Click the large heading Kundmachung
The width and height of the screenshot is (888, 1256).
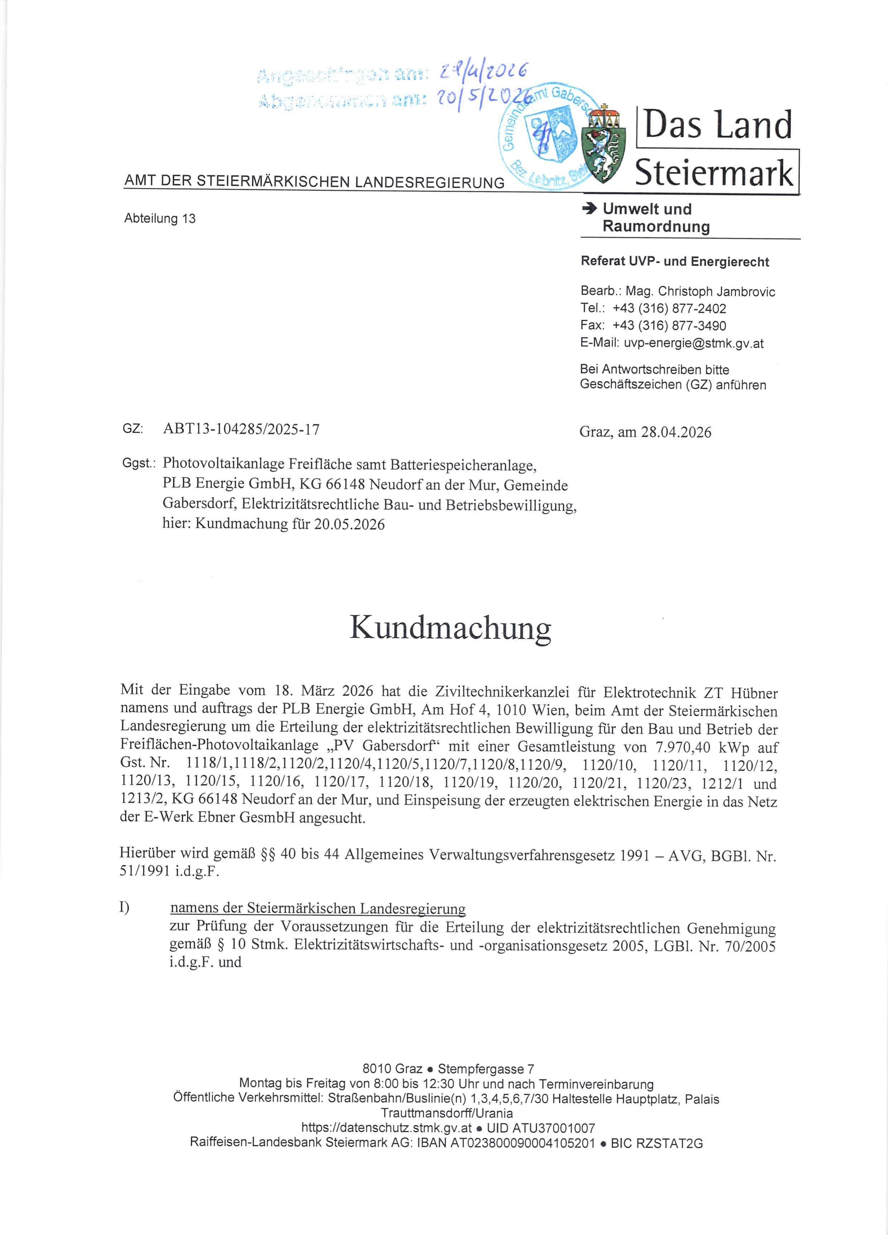(450, 629)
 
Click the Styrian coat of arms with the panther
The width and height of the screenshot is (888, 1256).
(604, 143)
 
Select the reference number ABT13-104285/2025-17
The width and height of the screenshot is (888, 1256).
(241, 429)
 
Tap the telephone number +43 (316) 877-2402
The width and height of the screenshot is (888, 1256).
(669, 309)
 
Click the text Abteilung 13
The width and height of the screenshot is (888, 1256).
(160, 219)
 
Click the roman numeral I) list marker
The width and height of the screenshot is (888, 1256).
(124, 907)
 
